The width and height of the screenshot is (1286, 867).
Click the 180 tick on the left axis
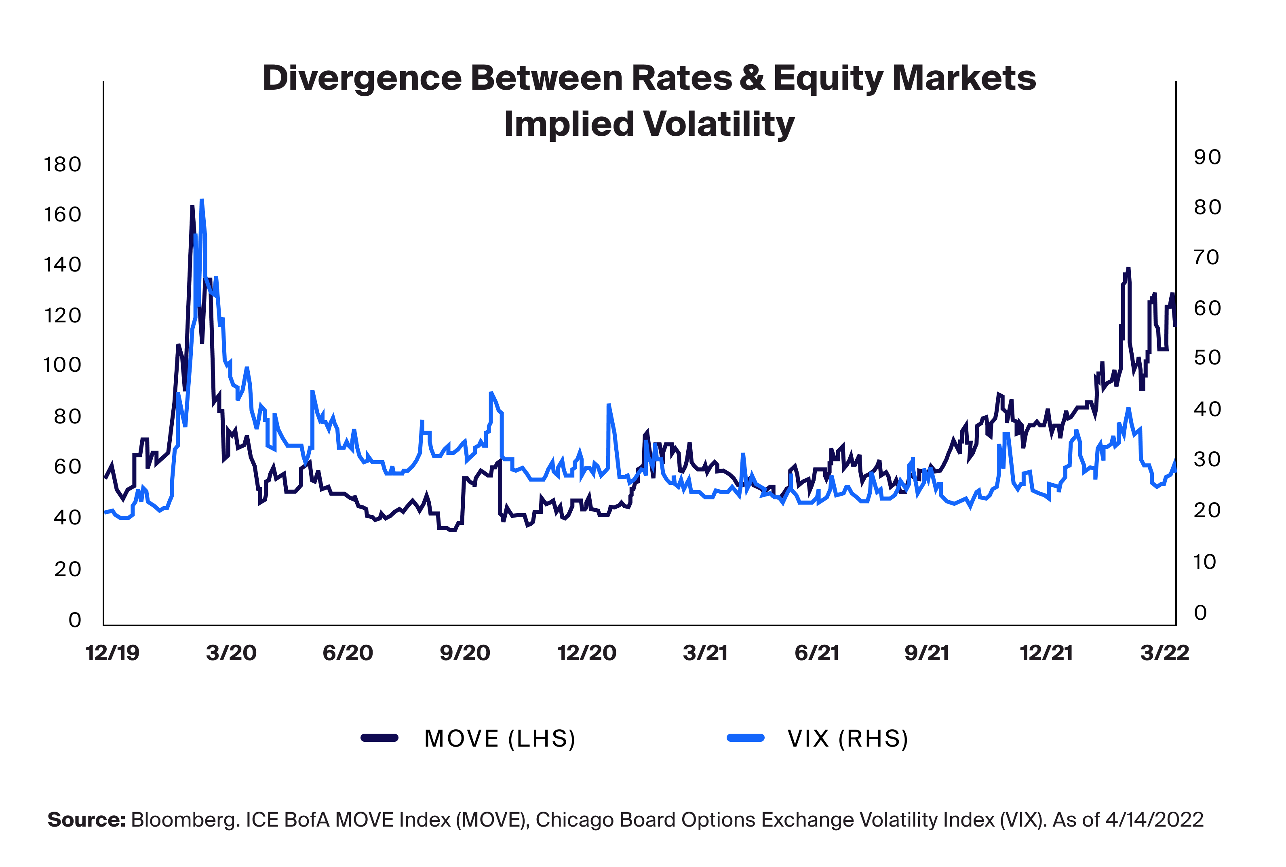63,165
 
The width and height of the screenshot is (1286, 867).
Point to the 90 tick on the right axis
1207,158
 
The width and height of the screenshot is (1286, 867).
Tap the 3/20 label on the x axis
231,653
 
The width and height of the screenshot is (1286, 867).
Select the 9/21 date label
926,653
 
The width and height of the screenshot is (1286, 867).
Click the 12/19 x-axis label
112,653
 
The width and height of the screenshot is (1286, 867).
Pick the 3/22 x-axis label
1164,653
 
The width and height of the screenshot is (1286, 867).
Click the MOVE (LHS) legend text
500,739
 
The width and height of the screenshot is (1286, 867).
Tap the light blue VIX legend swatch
745,738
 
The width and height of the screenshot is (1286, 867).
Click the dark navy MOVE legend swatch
379,738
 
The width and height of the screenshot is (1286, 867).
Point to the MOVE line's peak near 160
192,207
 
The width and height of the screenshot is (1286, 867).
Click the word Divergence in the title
362,78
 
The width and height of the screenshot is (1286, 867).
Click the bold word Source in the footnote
87,819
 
